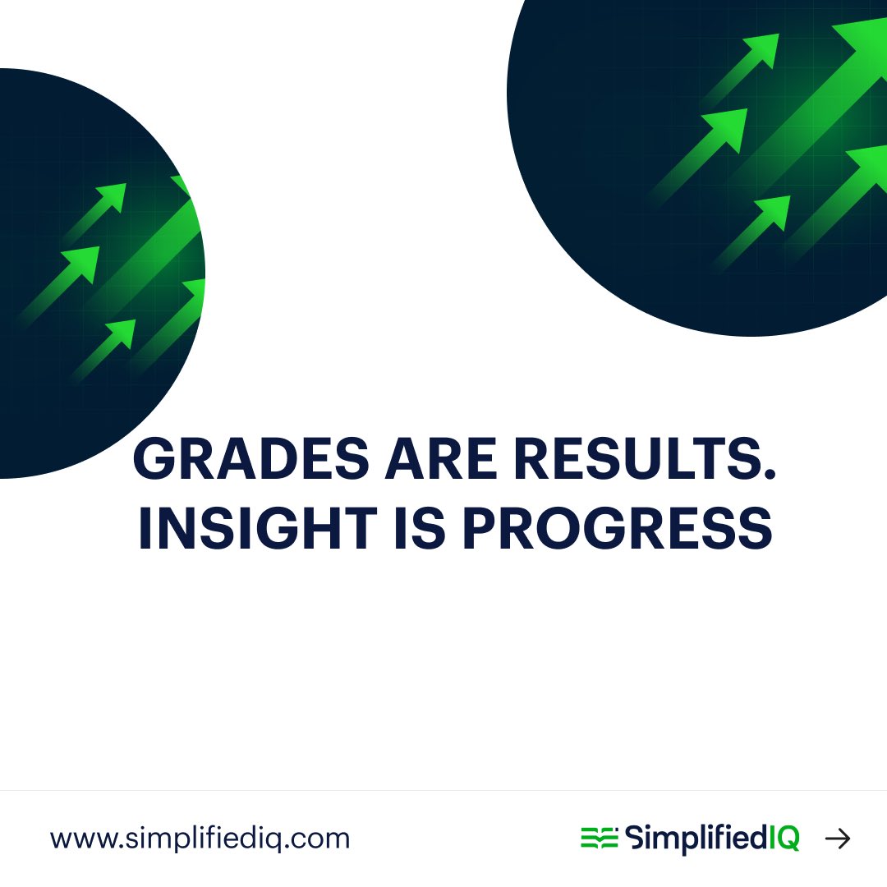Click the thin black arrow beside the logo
coord(838,838)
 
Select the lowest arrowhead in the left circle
coord(122,332)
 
